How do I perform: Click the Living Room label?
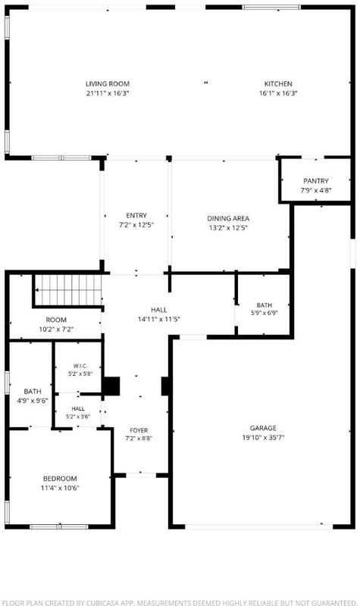108,84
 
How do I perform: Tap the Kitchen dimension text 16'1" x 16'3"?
278,93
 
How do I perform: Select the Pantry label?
316,181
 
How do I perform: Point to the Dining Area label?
228,218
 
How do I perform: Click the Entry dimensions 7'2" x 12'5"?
136,225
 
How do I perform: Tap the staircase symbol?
68,290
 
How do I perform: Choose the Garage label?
263,428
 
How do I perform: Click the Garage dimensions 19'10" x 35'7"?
263,438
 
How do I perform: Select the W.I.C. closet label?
80,366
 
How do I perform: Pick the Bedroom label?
60,479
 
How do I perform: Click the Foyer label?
139,430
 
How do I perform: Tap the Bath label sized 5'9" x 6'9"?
264,305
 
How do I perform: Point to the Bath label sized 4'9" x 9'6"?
33,392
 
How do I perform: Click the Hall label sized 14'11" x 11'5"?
159,310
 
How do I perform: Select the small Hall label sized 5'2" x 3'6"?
78,408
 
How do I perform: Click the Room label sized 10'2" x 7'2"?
56,320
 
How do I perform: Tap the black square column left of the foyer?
111,386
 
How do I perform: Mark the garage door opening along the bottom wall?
258,526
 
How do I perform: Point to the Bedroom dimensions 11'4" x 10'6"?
60,488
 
